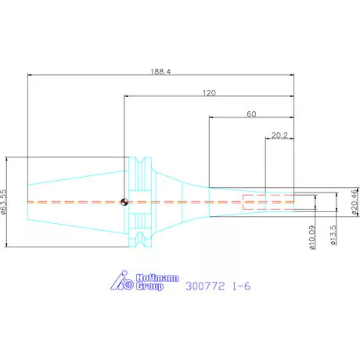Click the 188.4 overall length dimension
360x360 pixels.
click(x=160, y=71)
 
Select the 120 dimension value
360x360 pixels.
click(x=209, y=92)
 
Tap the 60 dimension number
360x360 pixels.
click(x=251, y=114)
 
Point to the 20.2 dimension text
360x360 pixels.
click(x=279, y=135)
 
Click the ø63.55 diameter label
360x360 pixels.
click(x=3, y=202)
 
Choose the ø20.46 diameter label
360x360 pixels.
click(x=354, y=202)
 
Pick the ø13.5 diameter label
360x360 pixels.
click(x=333, y=236)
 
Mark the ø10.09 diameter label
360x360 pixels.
click(x=312, y=238)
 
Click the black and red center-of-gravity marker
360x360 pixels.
click(x=124, y=202)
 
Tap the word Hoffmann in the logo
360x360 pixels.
click(x=157, y=278)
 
